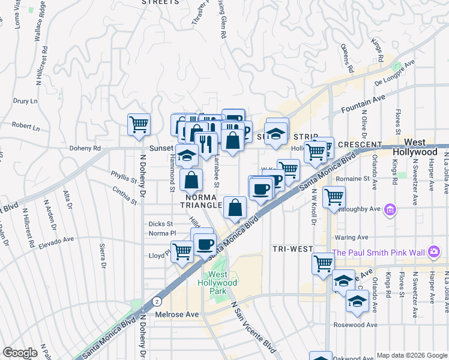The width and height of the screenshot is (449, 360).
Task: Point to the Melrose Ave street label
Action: click(x=178, y=314)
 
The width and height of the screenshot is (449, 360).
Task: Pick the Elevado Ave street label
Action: click(x=56, y=242)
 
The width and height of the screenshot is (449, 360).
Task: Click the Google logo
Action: click(x=20, y=353)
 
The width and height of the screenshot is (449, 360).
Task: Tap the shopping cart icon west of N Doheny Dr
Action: click(x=139, y=124)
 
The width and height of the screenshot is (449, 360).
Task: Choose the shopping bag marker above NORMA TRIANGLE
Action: click(x=191, y=179)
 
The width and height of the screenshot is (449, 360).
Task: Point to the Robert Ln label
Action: click(x=25, y=127)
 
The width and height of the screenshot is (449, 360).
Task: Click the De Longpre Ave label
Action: click(x=394, y=73)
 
